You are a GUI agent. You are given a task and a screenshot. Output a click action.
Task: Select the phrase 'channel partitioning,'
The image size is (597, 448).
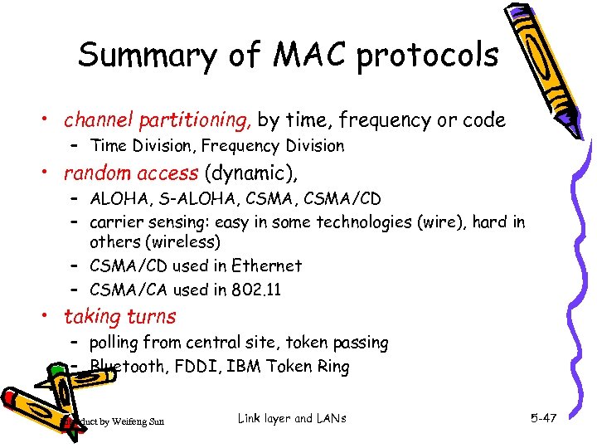tap(158, 120)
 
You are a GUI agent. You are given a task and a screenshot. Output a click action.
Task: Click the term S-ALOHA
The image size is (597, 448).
tap(184, 199)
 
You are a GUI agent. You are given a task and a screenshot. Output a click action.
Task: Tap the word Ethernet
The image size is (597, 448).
tap(266, 266)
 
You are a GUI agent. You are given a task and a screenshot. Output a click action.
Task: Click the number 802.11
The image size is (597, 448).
tap(256, 290)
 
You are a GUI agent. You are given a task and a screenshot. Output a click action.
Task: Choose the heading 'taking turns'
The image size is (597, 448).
tap(120, 316)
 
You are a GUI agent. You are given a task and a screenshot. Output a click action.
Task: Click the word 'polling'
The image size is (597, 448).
tap(116, 343)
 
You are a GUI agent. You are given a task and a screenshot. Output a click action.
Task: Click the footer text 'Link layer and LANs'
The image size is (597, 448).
tap(291, 419)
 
